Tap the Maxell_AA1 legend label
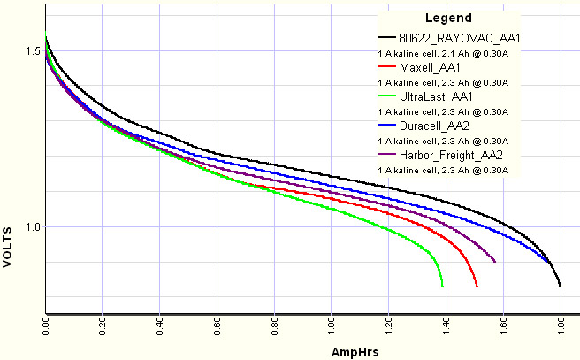(x=430, y=67)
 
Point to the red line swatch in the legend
(x=385, y=67)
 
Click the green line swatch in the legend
(x=385, y=96)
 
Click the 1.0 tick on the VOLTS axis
(x=33, y=227)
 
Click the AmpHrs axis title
(x=355, y=351)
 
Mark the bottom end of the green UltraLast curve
(x=442, y=287)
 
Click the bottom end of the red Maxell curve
(x=477, y=287)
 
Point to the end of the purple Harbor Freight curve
(x=494, y=262)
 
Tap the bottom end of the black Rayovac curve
(x=561, y=287)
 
